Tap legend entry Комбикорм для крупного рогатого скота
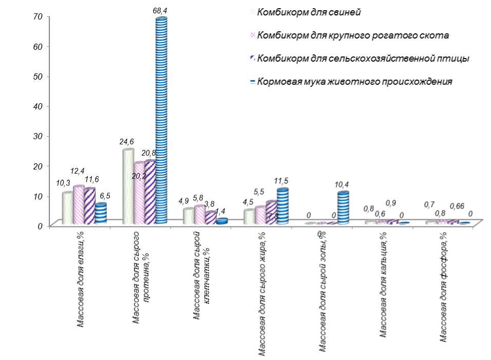(x=352, y=35)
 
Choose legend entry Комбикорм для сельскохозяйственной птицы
(x=363, y=58)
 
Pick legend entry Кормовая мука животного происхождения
(x=354, y=81)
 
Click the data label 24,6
(x=126, y=141)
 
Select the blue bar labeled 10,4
(x=343, y=208)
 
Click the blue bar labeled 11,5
(x=282, y=206)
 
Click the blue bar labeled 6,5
(x=101, y=213)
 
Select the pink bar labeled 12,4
(x=79, y=205)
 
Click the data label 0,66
(x=457, y=206)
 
